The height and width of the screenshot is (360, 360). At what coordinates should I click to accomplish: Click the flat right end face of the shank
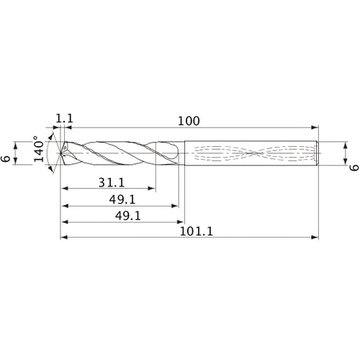319,153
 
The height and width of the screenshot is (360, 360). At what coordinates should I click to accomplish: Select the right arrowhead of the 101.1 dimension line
315,237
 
